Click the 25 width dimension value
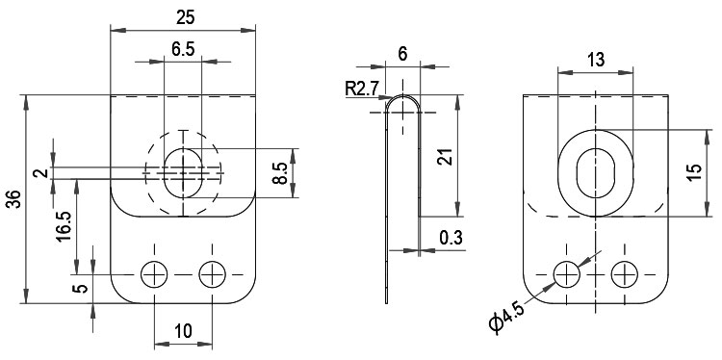click(x=185, y=17)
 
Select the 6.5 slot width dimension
click(x=183, y=49)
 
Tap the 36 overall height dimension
click(x=15, y=199)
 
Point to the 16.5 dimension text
click(x=64, y=226)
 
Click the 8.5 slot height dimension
click(x=281, y=173)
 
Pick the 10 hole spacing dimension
click(x=183, y=330)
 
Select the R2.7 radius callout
click(x=361, y=89)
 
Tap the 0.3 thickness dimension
click(x=451, y=238)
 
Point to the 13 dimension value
click(x=596, y=60)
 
